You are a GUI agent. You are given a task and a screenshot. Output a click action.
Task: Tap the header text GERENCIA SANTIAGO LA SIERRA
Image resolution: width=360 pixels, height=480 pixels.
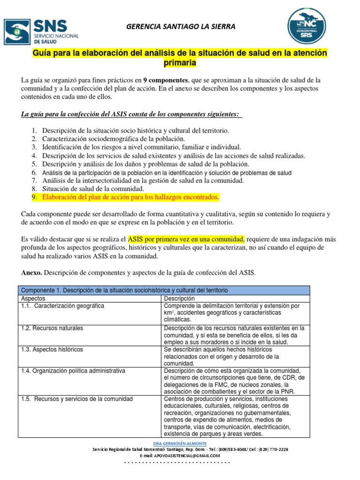181,27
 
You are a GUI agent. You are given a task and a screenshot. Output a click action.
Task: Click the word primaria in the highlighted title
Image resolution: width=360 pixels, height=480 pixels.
180,63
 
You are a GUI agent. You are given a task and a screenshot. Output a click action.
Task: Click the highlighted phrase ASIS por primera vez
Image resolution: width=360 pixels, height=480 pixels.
186,239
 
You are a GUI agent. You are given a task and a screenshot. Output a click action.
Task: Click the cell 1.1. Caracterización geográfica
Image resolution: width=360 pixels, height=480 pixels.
62,306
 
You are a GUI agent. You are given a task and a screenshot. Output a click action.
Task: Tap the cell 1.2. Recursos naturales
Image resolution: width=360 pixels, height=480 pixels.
52,328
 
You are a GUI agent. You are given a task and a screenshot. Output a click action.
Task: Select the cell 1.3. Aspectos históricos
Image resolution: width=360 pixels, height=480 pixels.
52,350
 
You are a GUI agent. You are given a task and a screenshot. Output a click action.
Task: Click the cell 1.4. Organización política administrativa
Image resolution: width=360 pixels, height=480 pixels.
73,371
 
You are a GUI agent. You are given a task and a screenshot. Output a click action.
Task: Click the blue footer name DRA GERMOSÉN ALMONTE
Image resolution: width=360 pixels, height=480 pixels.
180,443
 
